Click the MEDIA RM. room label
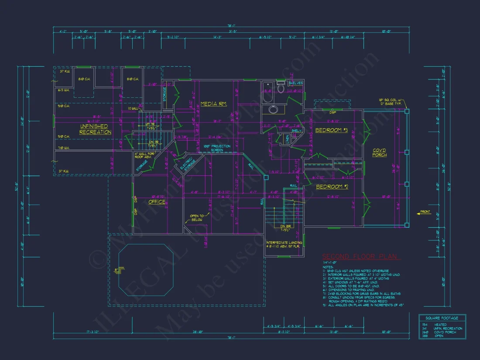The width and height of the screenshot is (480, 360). (213, 104)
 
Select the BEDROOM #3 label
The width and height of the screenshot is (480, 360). (331, 130)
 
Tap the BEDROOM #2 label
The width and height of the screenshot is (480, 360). (331, 186)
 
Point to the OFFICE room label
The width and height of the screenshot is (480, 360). (157, 202)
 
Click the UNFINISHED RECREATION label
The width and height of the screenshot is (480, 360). (95, 129)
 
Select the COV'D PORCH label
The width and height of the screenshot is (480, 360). (379, 152)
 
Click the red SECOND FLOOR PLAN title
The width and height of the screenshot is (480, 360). (360, 257)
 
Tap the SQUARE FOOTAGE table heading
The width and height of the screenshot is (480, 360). (442, 318)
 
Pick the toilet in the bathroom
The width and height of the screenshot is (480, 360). (281, 89)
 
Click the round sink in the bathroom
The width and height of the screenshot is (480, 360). (274, 109)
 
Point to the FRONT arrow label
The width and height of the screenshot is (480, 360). (424, 212)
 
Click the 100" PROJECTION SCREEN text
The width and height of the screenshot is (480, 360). (213, 147)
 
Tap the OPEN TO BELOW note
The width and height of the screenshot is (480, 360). (197, 218)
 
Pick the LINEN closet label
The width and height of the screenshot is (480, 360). (287, 139)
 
